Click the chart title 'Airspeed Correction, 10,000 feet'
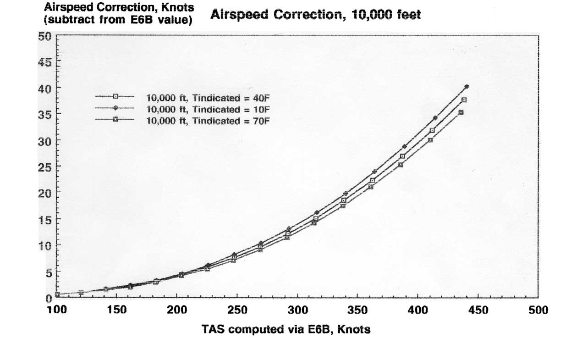coord(315,15)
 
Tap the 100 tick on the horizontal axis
coord(57,310)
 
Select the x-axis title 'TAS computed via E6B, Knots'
coord(286,329)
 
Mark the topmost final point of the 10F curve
coord(467,86)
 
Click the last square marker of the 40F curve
coord(464,100)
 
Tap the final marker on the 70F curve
coord(461,112)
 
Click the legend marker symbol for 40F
coord(115,96)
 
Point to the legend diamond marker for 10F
coord(115,108)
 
